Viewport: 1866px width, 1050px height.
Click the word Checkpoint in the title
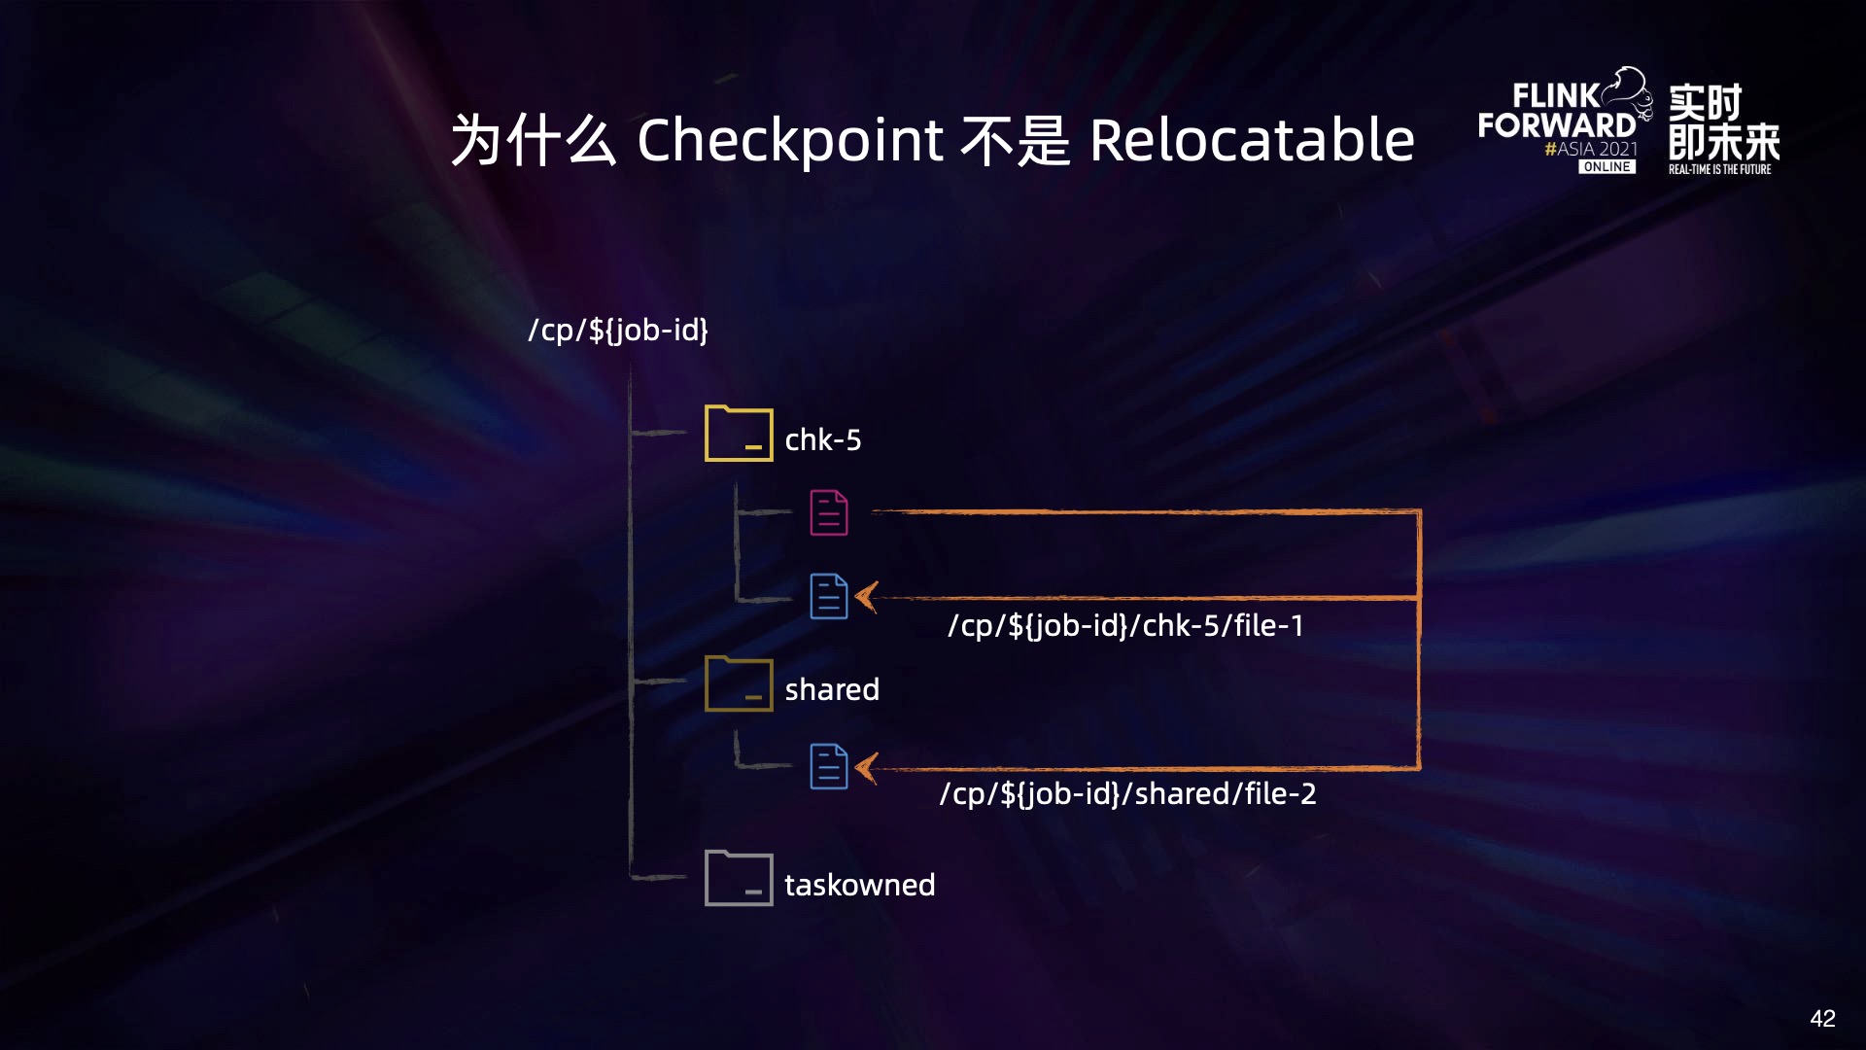click(789, 141)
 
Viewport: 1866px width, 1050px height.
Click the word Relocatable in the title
click(1252, 141)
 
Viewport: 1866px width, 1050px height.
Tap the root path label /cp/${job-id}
click(618, 331)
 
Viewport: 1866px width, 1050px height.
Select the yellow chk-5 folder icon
click(739, 434)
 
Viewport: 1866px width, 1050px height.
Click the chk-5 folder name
click(823, 440)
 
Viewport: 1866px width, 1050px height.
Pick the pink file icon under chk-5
click(829, 512)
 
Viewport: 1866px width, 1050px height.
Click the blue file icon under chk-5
click(829, 596)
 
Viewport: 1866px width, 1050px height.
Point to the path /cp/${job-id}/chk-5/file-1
click(1125, 625)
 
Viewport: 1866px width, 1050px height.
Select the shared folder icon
click(739, 683)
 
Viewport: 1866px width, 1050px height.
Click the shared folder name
click(832, 689)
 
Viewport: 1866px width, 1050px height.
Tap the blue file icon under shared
click(829, 766)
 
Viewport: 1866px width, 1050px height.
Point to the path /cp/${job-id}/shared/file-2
click(1127, 793)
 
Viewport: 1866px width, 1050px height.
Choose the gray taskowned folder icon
click(739, 878)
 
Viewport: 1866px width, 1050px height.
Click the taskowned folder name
click(860, 885)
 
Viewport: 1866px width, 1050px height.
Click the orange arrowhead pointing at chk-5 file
click(867, 597)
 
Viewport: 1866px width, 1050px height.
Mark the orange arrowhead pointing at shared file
click(867, 768)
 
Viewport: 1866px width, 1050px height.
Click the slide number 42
click(1822, 1018)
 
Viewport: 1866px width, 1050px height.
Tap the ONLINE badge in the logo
click(1607, 167)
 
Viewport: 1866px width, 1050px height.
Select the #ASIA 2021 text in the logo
click(1591, 149)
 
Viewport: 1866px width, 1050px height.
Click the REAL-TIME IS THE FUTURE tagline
click(1719, 169)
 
